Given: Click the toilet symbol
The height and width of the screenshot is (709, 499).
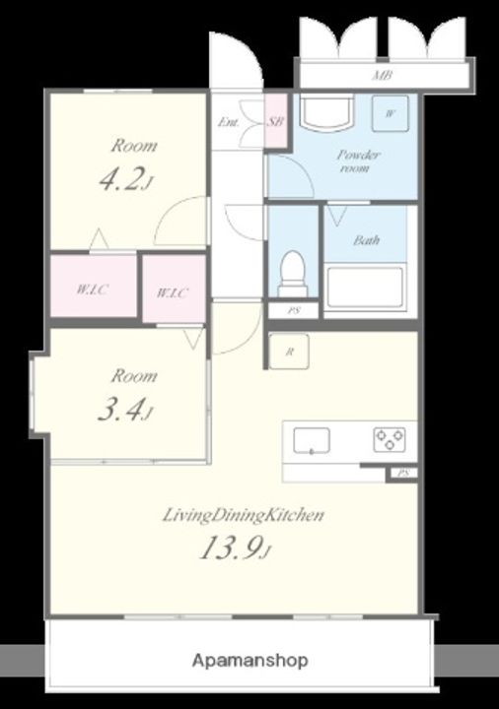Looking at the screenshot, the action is pyautogui.click(x=292, y=274).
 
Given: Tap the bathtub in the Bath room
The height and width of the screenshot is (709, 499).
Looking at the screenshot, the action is pyautogui.click(x=365, y=288).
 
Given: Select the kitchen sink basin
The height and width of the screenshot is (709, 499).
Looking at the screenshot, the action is pyautogui.click(x=312, y=440).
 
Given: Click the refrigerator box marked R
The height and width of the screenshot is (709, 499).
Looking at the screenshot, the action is pyautogui.click(x=289, y=352).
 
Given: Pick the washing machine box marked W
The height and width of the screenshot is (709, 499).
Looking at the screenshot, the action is pyautogui.click(x=390, y=113).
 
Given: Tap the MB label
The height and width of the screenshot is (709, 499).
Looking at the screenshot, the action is pyautogui.click(x=382, y=76).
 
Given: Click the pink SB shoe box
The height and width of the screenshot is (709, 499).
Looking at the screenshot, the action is pyautogui.click(x=276, y=121).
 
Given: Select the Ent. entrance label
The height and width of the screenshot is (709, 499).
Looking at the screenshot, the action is pyautogui.click(x=229, y=122).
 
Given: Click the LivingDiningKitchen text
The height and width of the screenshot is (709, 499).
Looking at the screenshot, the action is pyautogui.click(x=244, y=515).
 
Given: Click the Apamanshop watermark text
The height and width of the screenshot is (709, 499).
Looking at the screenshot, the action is pyautogui.click(x=249, y=661).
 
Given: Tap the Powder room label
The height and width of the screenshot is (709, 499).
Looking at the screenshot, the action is pyautogui.click(x=358, y=161).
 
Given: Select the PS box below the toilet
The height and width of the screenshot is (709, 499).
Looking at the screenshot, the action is pyautogui.click(x=294, y=310).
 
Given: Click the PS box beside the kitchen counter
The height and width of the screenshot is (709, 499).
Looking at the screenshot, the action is pyautogui.click(x=401, y=474).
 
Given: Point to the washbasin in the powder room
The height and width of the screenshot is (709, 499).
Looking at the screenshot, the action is pyautogui.click(x=326, y=112).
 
